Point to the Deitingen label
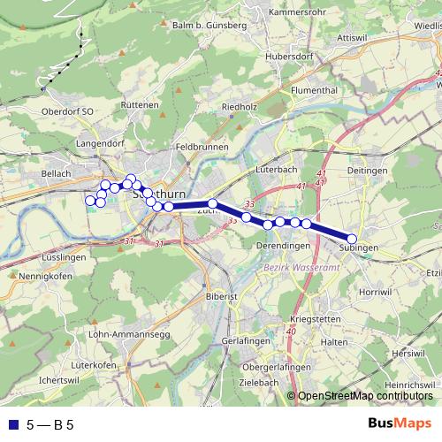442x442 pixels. pos(368,170)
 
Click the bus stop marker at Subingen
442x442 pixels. pos(351,239)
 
